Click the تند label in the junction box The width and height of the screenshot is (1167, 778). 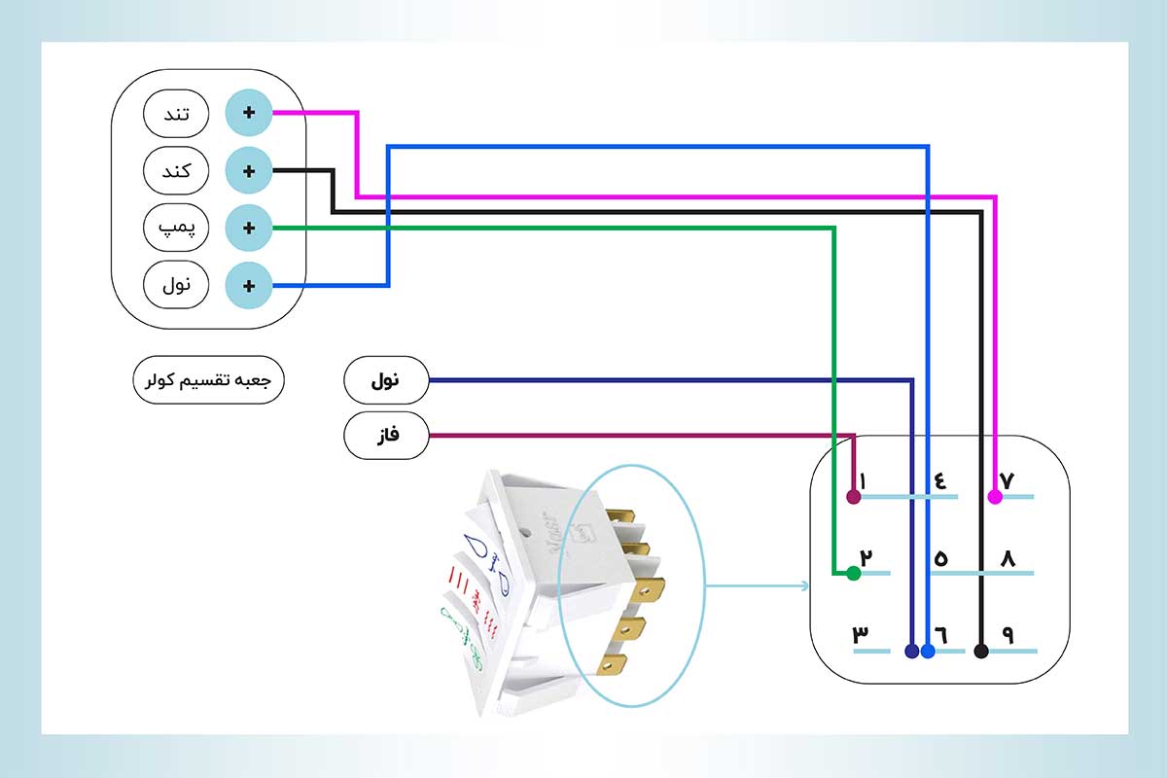(176, 114)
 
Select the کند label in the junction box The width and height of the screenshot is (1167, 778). (176, 171)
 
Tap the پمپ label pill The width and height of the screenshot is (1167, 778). (176, 229)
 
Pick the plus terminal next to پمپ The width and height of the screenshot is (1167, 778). (249, 229)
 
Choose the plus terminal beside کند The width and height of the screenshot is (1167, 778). (249, 171)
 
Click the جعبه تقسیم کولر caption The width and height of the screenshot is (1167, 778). (208, 380)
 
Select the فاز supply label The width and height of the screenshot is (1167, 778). (386, 436)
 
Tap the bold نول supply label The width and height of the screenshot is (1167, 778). (386, 380)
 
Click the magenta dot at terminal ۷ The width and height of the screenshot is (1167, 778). (995, 497)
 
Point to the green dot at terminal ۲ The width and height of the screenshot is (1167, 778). (853, 574)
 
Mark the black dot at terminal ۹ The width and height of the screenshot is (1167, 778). (981, 651)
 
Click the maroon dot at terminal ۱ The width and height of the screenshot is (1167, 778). (853, 497)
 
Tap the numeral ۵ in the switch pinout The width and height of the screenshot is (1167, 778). (941, 558)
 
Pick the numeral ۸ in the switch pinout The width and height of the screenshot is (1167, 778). (1008, 558)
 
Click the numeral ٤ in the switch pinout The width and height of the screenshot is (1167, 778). (941, 480)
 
